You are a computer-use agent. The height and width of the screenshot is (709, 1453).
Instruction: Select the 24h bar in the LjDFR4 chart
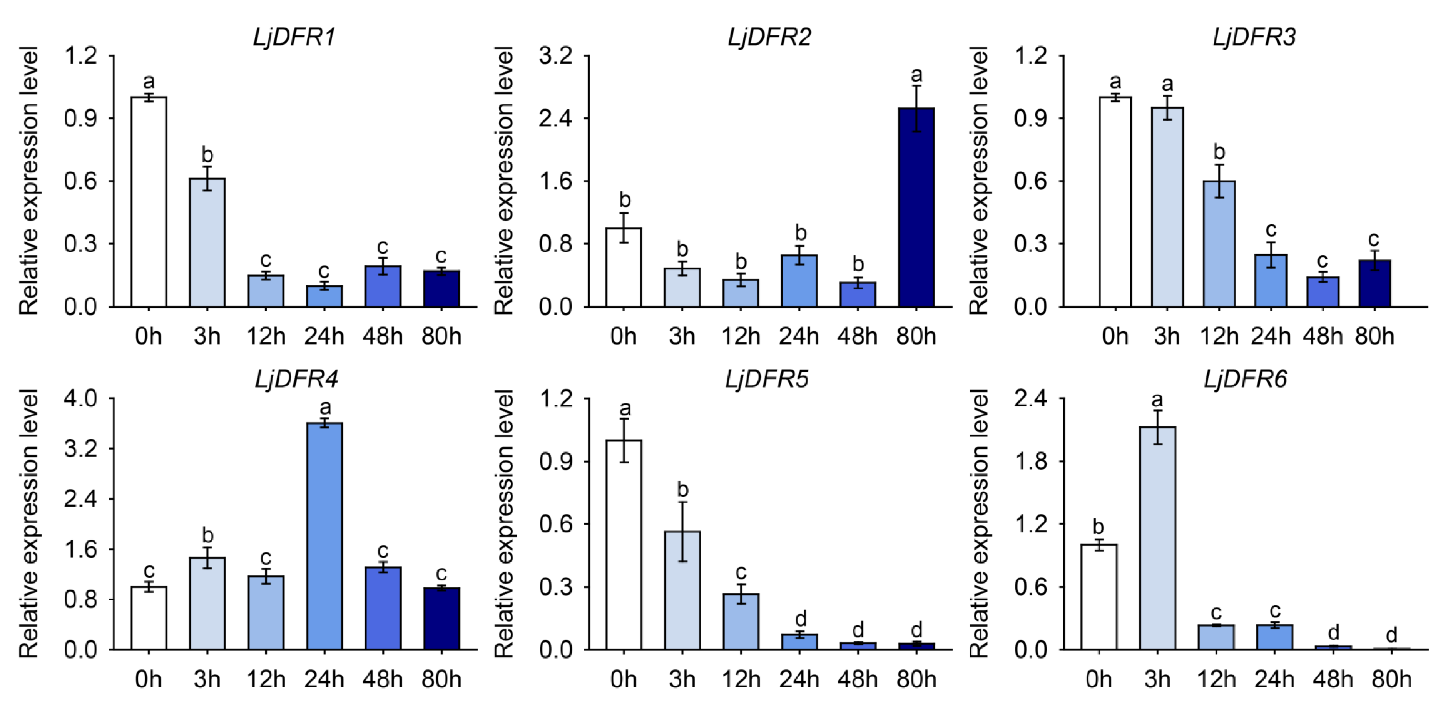click(x=324, y=536)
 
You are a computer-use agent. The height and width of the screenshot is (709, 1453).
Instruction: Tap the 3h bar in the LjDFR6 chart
click(x=1157, y=538)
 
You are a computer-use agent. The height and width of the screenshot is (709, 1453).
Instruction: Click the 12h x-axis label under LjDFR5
click(x=741, y=680)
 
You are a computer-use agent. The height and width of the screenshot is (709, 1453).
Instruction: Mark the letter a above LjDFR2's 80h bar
click(x=916, y=74)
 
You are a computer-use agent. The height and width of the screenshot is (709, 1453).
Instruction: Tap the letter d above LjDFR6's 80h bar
click(x=1391, y=635)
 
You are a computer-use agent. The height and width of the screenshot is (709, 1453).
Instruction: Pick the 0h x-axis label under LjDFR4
click(x=148, y=680)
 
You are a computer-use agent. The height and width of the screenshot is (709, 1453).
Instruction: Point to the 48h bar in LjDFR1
click(x=383, y=286)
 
